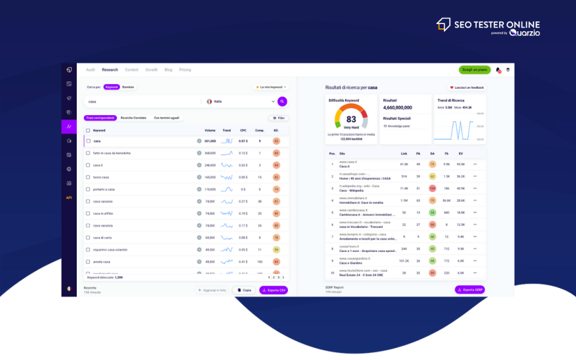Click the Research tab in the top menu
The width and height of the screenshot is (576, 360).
tap(110, 70)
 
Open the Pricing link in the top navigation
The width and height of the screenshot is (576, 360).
tap(185, 70)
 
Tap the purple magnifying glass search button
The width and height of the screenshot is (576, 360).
tap(282, 101)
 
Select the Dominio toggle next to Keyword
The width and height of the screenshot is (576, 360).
tap(128, 87)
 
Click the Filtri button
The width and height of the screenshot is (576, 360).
tap(278, 118)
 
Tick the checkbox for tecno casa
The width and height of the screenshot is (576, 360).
tap(88, 177)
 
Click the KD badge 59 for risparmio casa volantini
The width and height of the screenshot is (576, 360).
tap(276, 250)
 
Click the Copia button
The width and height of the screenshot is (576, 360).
tap(244, 290)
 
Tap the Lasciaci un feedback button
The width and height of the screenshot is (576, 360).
tap(467, 88)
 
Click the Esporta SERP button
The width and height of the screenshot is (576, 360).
tap(470, 290)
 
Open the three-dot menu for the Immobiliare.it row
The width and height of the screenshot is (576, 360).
tap(475, 200)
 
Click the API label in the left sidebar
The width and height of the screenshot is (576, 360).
tap(69, 197)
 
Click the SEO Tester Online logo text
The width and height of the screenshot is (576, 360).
tap(497, 25)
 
